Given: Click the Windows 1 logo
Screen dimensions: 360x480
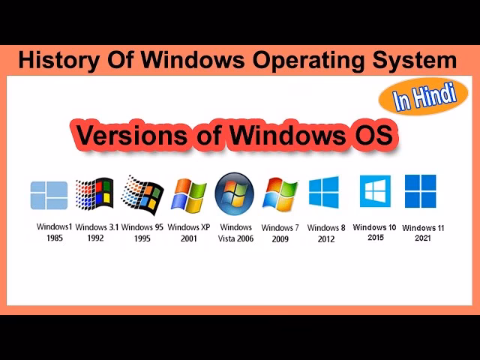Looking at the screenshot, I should [x=49, y=195].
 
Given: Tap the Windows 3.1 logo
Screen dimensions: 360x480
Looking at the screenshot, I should [x=94, y=196].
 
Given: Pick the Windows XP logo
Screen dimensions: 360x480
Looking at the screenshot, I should [x=188, y=196].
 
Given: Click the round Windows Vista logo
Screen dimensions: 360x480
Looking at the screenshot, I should [x=235, y=193].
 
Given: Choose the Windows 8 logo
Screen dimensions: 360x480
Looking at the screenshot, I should [x=324, y=193].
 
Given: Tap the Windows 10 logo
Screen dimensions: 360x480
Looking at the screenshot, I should [x=374, y=191].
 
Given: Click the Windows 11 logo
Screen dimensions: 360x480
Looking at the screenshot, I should [x=421, y=191].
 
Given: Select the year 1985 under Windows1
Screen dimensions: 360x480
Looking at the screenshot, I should [x=53, y=238].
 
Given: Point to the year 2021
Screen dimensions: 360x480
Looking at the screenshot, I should [x=422, y=238].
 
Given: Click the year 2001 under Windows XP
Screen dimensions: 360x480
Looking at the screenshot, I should [x=189, y=239].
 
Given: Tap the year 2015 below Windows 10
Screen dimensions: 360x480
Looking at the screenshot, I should [x=375, y=238].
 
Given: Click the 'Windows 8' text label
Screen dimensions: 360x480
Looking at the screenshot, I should [x=326, y=228].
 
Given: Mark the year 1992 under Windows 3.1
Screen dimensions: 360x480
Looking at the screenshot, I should [x=95, y=239].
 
